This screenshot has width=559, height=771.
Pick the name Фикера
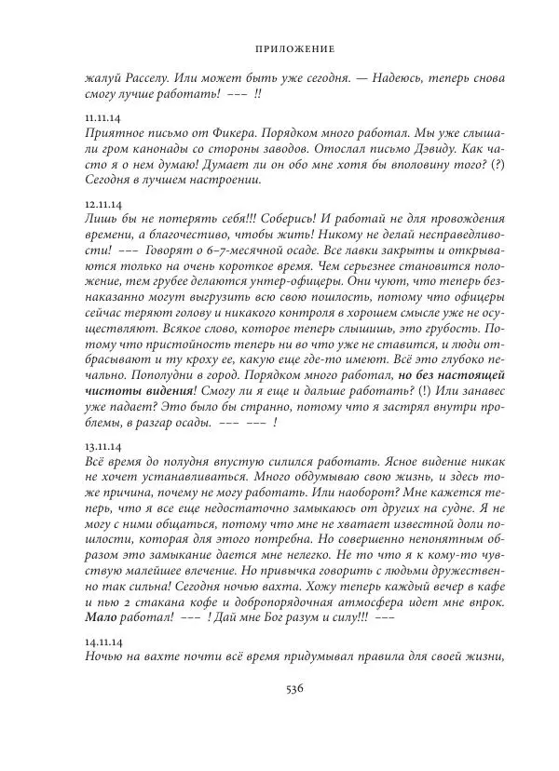coord(226,134)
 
